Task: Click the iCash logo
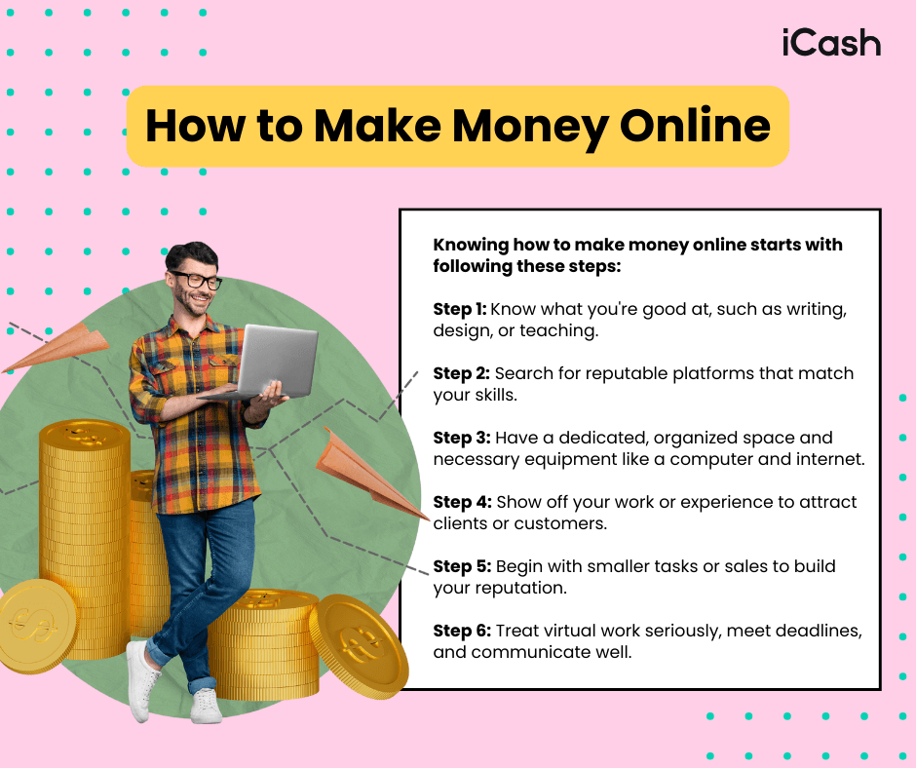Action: coord(831,43)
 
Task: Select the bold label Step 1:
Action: coord(459,309)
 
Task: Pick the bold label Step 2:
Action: coord(461,373)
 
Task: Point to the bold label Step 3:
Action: coord(461,438)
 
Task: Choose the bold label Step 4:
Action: coord(462,502)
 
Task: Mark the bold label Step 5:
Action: coord(461,566)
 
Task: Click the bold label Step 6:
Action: coord(462,631)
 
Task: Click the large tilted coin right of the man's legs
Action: coord(359,642)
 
